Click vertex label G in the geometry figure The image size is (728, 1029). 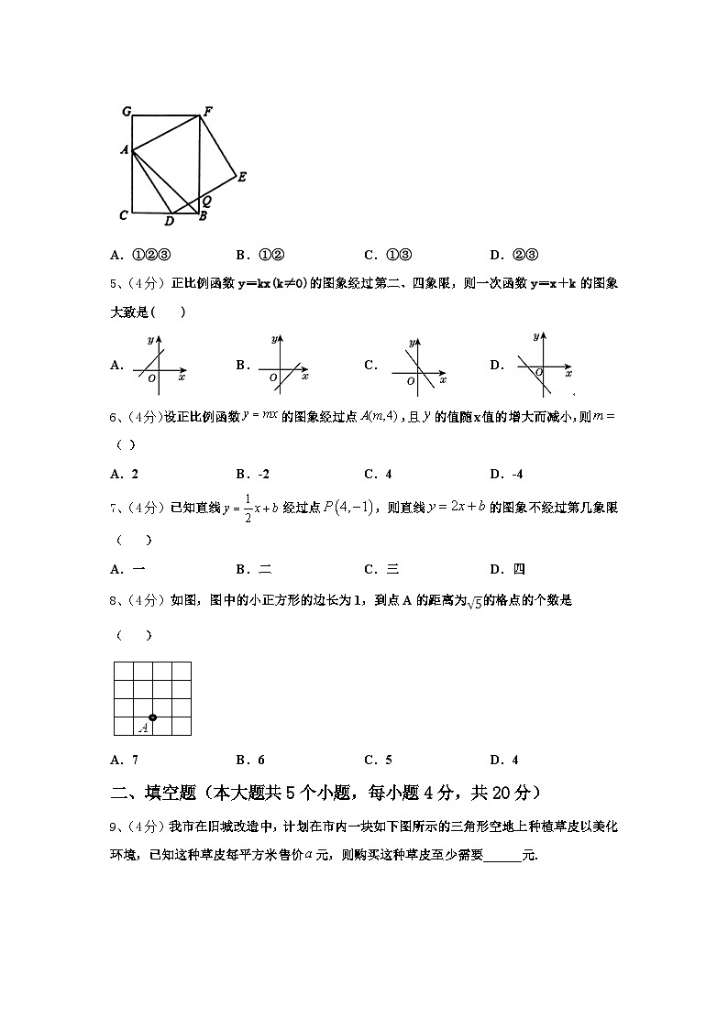127,112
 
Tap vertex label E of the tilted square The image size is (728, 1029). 242,178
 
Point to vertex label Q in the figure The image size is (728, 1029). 207,200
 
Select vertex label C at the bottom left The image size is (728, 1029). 123,216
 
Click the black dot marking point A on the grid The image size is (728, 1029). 153,717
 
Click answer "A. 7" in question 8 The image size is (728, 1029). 124,760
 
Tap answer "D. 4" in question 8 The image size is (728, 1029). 504,760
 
